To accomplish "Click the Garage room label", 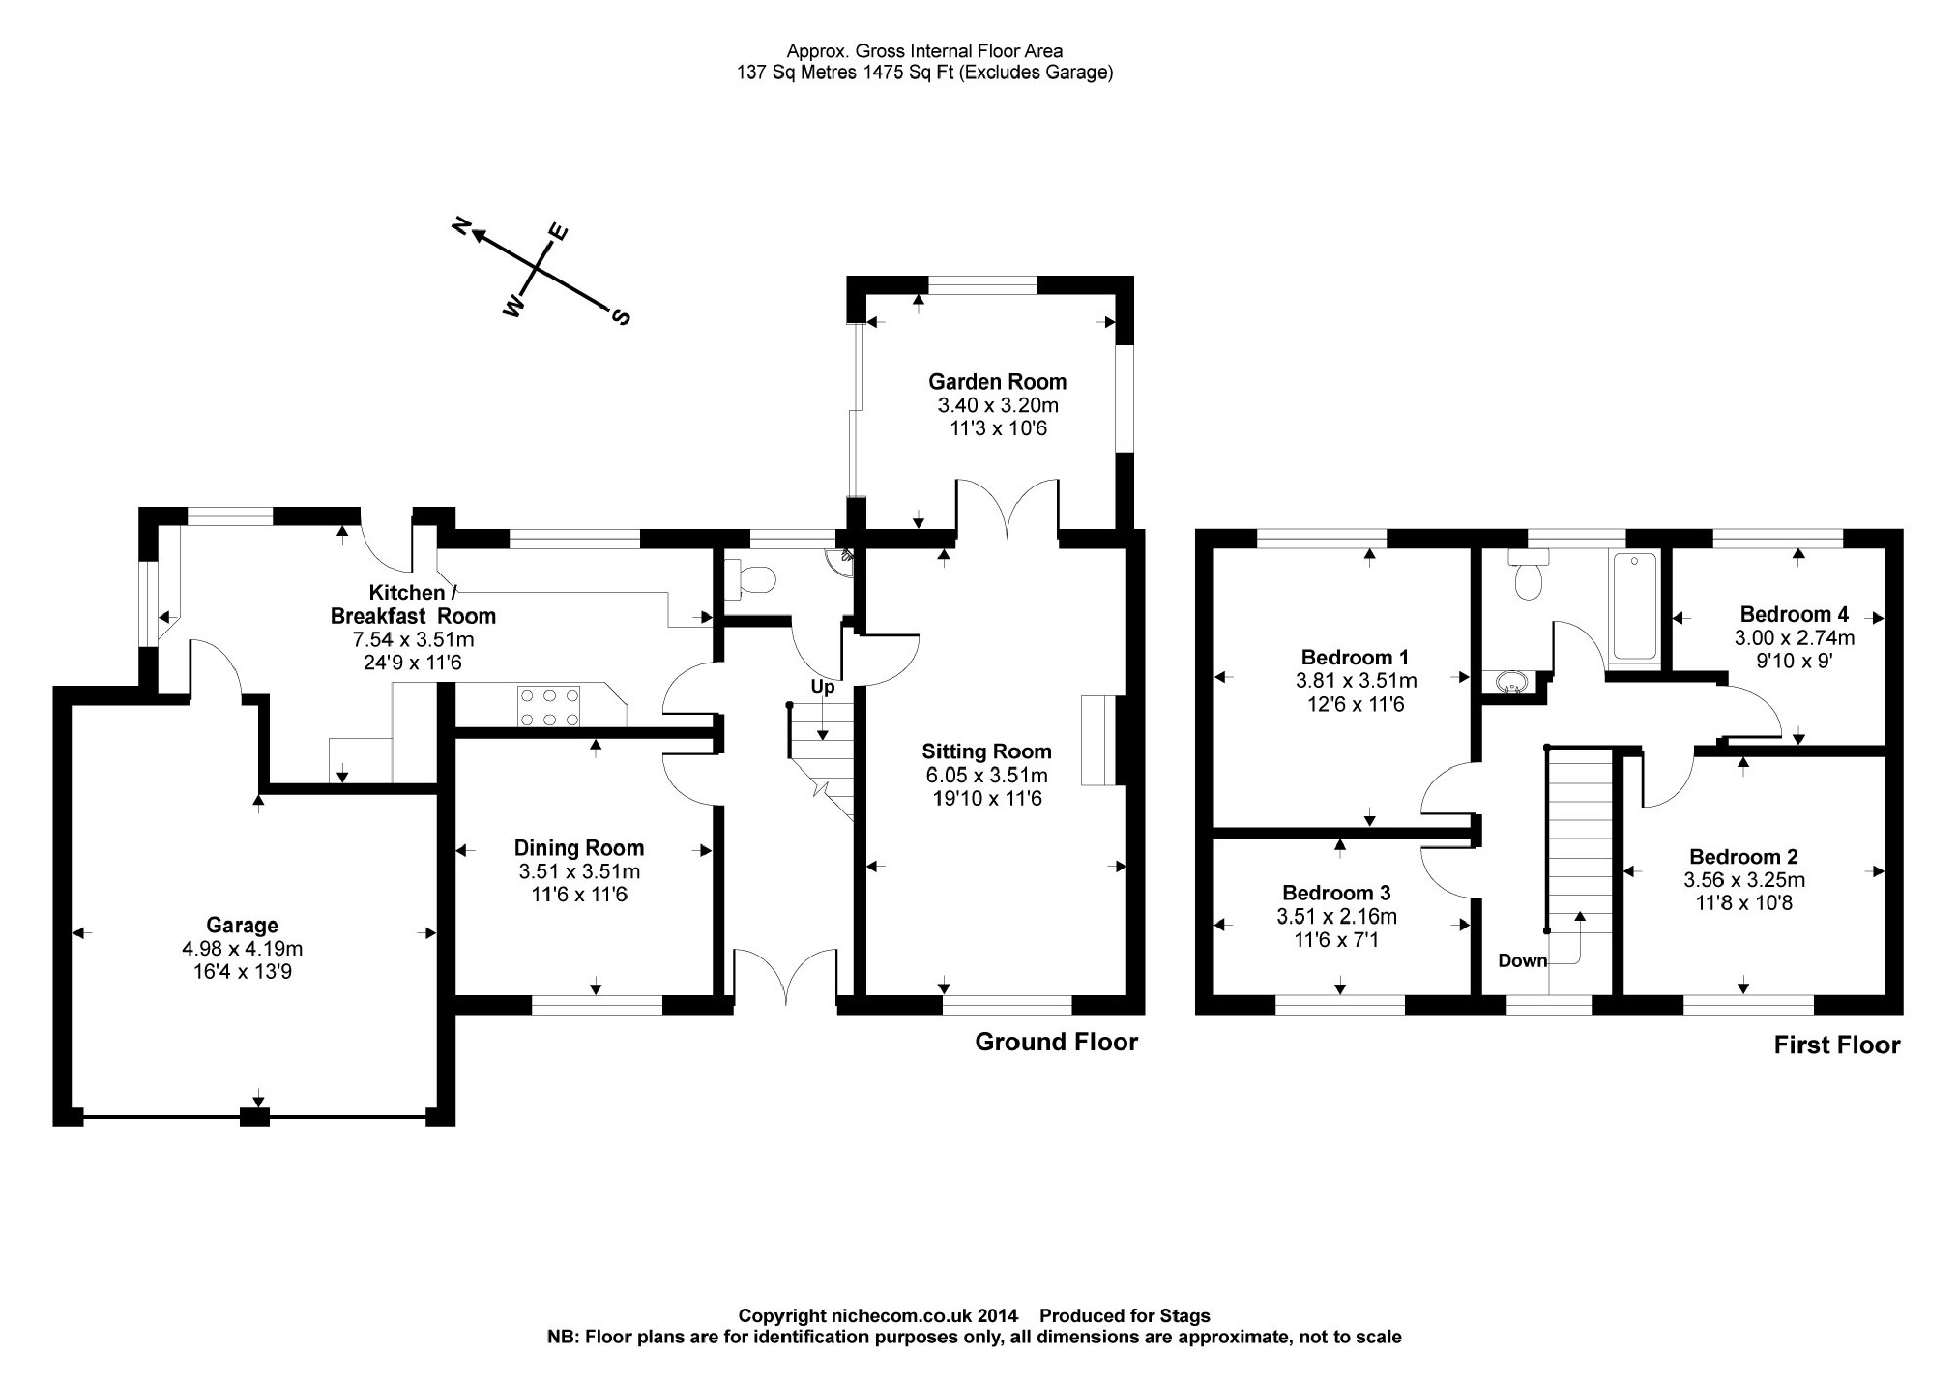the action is point(242,926).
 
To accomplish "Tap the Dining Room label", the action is point(578,848).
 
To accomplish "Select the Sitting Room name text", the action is point(986,751).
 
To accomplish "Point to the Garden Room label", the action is point(997,382).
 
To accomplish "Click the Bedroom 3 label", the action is point(1336,893).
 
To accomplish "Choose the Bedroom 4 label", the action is point(1794,614).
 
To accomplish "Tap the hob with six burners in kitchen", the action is point(549,706).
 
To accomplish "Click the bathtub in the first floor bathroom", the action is point(1634,605).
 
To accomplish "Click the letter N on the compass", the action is point(462,226).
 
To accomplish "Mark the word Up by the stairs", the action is point(822,688).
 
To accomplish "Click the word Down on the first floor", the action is point(1522,960).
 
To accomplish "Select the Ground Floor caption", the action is point(1056,1042).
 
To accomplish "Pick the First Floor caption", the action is point(1836,1045).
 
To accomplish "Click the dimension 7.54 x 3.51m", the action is point(414,640).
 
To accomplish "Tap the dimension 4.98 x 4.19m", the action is point(242,949).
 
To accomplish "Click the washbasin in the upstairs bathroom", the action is point(1510,684).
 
